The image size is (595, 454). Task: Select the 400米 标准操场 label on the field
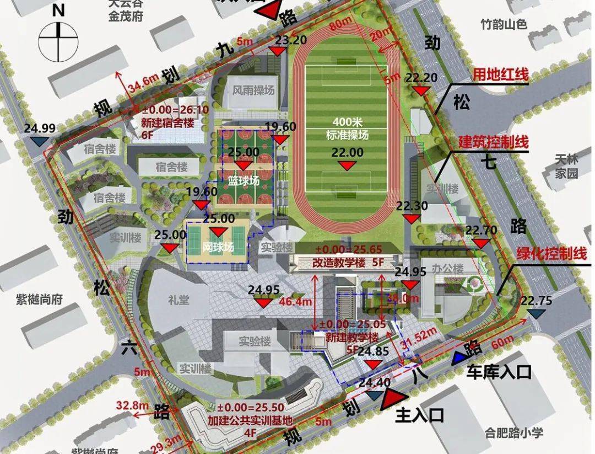click(346, 128)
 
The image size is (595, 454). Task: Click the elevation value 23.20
click(291, 40)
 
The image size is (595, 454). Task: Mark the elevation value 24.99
click(40, 129)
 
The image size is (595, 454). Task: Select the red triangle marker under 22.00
click(346, 165)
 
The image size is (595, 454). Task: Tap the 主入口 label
click(419, 415)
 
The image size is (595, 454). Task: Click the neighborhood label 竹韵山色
click(504, 24)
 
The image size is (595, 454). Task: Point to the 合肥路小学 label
click(514, 432)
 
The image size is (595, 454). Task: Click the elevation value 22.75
click(536, 301)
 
